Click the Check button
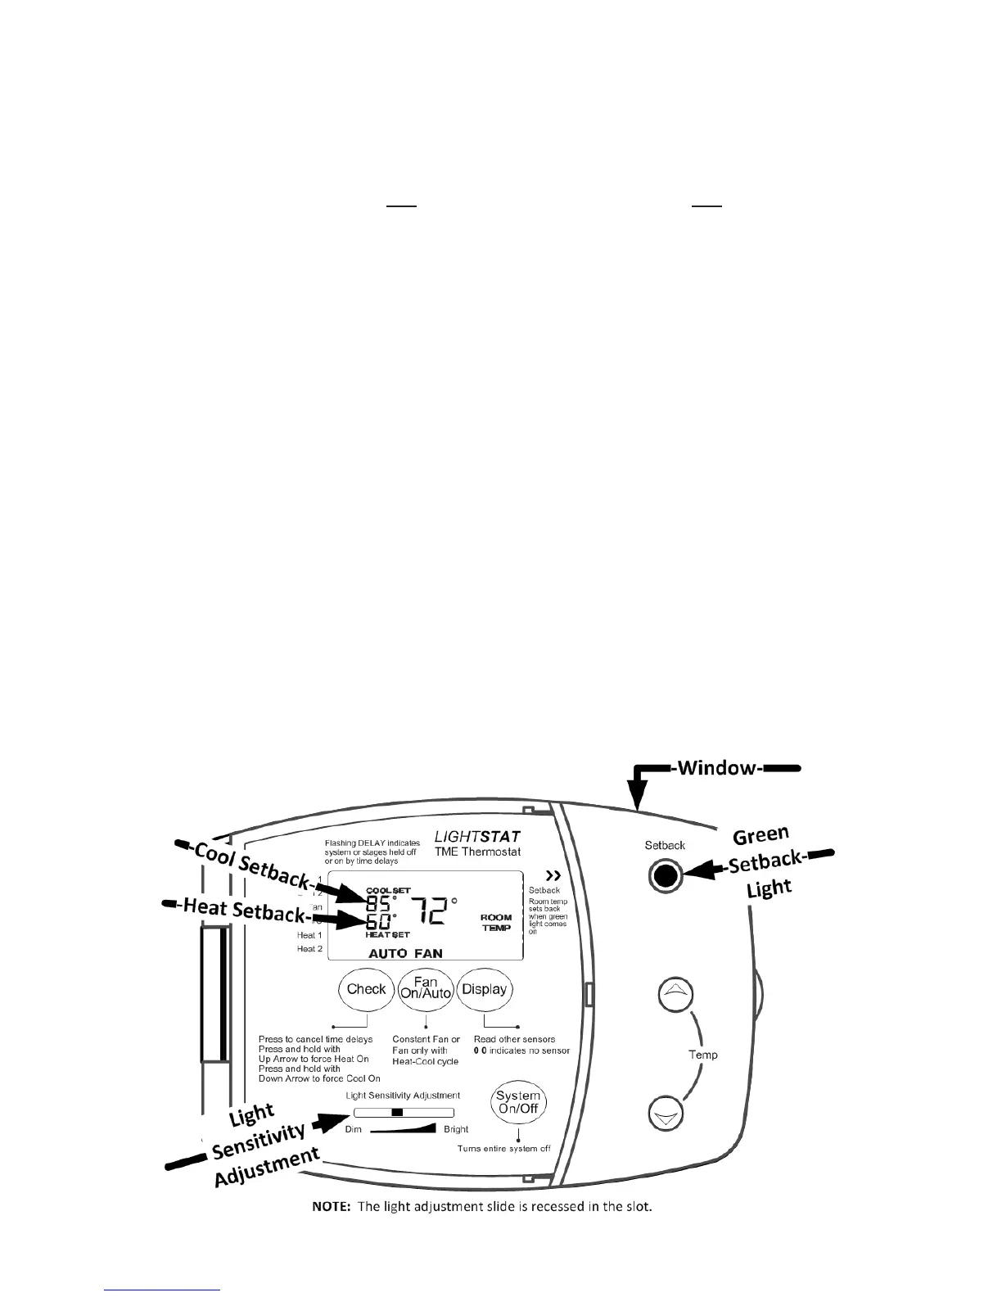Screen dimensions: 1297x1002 click(x=366, y=989)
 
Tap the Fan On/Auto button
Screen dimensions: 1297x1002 click(x=426, y=989)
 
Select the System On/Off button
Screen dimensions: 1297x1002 click(x=518, y=1102)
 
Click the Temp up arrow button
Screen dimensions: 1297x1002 click(x=676, y=993)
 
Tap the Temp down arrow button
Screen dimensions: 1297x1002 click(x=666, y=1115)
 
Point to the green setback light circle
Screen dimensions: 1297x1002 click(x=666, y=876)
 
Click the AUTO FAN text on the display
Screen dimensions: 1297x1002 click(x=405, y=953)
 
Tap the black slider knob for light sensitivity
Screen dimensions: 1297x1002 click(x=397, y=1113)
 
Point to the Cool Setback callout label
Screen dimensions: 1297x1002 click(x=250, y=864)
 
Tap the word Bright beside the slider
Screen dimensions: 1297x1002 click(x=456, y=1129)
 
